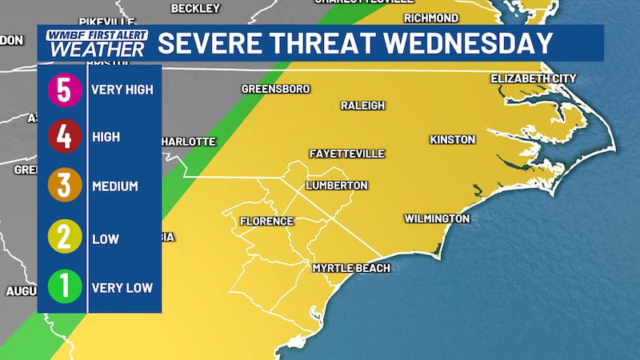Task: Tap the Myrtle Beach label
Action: point(351,268)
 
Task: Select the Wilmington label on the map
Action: point(436,218)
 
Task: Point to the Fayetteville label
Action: point(347,154)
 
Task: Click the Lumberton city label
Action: point(337,186)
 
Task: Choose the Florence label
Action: point(268,222)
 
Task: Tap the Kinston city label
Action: point(453,140)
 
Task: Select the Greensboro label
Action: point(275,89)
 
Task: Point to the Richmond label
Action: point(431,18)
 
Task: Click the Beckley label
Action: point(195,8)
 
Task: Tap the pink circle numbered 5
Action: point(65,89)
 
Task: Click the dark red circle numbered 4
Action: point(65,138)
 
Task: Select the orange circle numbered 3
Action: point(65,186)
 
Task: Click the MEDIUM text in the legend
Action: point(115,186)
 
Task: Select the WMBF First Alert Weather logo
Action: point(96,43)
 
